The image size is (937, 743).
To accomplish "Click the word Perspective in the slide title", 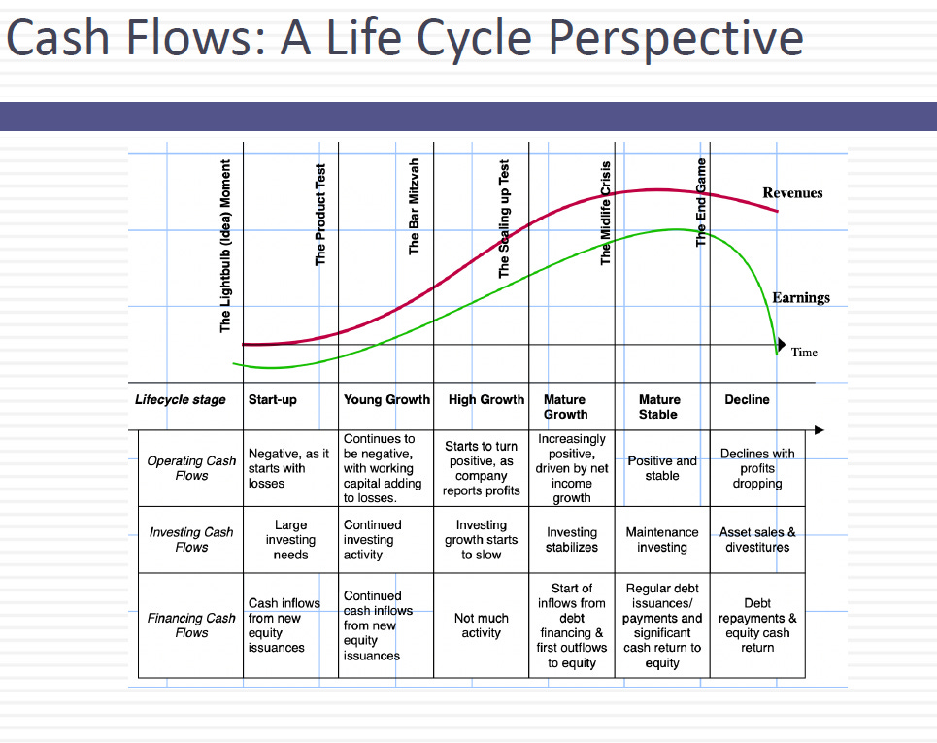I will point(676,39).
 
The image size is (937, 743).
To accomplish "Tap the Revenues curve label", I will point(792,193).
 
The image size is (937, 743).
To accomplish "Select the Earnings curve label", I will point(801,297).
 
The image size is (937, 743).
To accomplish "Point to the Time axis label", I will point(804,352).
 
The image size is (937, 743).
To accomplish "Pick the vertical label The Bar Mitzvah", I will point(415,207).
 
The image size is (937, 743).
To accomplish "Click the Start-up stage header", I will point(273,399).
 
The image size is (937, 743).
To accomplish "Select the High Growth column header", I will point(485,399).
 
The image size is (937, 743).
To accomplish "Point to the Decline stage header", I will point(747,399).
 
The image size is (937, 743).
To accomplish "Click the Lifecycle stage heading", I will point(181,399).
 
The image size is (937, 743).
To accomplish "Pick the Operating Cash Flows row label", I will point(191,468).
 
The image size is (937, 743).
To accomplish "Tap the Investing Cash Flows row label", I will point(191,539).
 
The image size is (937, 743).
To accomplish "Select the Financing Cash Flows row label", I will point(191,625).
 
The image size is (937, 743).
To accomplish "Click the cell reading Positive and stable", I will point(662,468).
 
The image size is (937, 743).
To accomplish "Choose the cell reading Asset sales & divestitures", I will point(757,539).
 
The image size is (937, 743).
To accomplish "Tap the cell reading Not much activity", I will point(482,625).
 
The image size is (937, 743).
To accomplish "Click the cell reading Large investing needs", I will point(290,539).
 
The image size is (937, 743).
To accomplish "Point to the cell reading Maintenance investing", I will point(662,539).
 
